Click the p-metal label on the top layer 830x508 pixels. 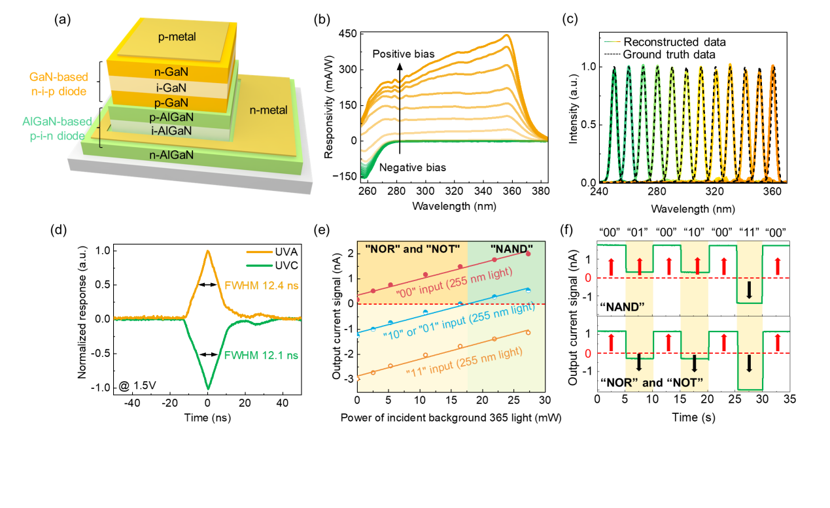coord(177,38)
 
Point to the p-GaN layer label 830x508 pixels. coord(173,103)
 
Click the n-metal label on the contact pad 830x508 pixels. coord(269,110)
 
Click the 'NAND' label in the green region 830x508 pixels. coord(511,249)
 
